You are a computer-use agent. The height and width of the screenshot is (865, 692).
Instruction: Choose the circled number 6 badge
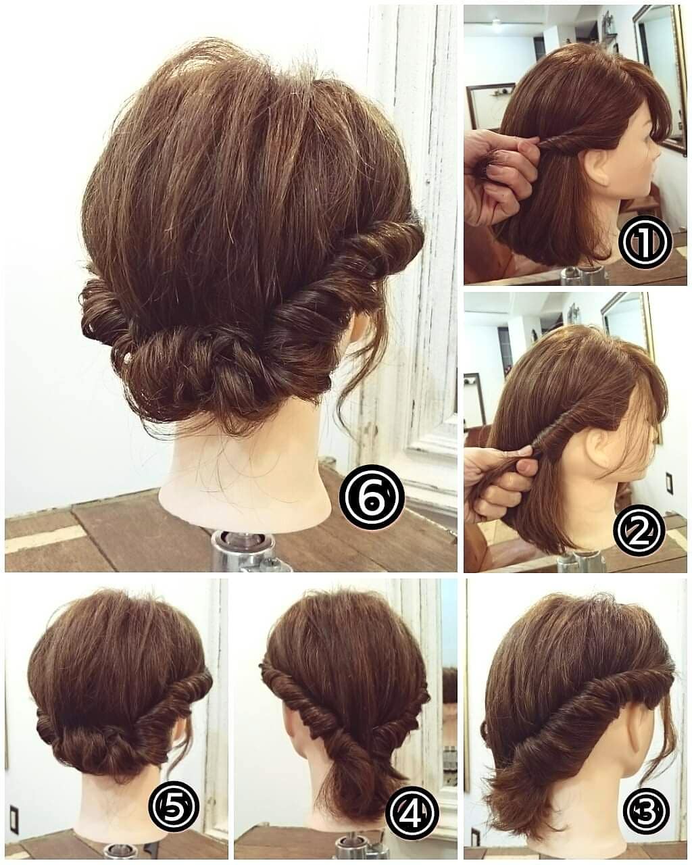(x=371, y=498)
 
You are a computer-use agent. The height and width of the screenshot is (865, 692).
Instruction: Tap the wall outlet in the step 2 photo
(x=670, y=484)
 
